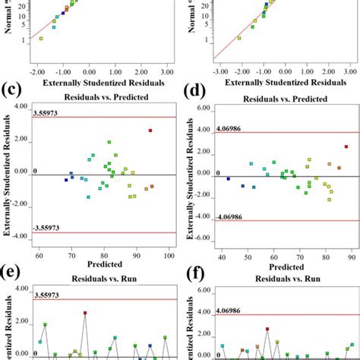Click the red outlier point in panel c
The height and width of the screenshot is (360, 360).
click(150, 131)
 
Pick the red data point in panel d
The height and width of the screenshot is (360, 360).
click(346, 147)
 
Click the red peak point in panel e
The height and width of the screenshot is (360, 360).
click(86, 312)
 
